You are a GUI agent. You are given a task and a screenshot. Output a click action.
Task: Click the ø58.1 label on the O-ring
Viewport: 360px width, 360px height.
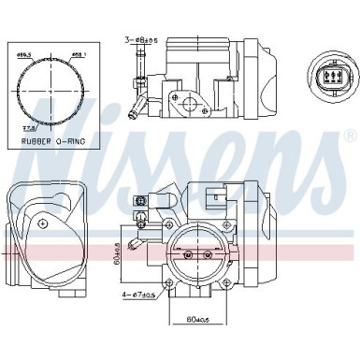79,56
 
